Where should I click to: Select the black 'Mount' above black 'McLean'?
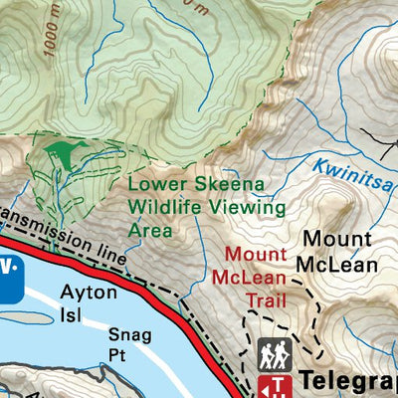tap(336, 240)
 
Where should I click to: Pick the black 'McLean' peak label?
tap(339, 265)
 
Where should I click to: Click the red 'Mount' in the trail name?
tap(256, 254)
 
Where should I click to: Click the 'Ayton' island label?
tap(89, 294)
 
